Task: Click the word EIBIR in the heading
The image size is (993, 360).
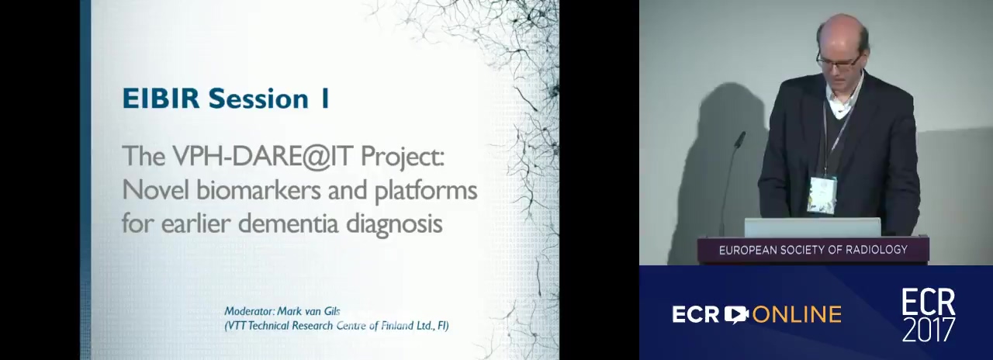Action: pos(161,98)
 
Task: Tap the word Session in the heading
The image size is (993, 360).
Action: pos(258,98)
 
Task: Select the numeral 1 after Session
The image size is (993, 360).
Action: pos(325,98)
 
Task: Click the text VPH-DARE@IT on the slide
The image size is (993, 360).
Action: pos(263,156)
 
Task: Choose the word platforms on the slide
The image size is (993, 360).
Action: pos(426,191)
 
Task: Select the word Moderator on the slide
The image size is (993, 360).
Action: pos(249,311)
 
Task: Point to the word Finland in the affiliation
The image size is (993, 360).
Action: pos(397,326)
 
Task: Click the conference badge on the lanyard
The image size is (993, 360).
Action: pos(822,195)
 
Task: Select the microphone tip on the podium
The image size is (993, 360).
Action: pos(739,139)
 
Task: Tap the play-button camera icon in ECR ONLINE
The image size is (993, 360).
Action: pos(736,314)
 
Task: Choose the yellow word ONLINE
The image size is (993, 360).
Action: pos(797,314)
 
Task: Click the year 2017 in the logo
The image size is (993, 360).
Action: pos(929,330)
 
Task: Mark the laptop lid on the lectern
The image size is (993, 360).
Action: pos(812,228)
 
